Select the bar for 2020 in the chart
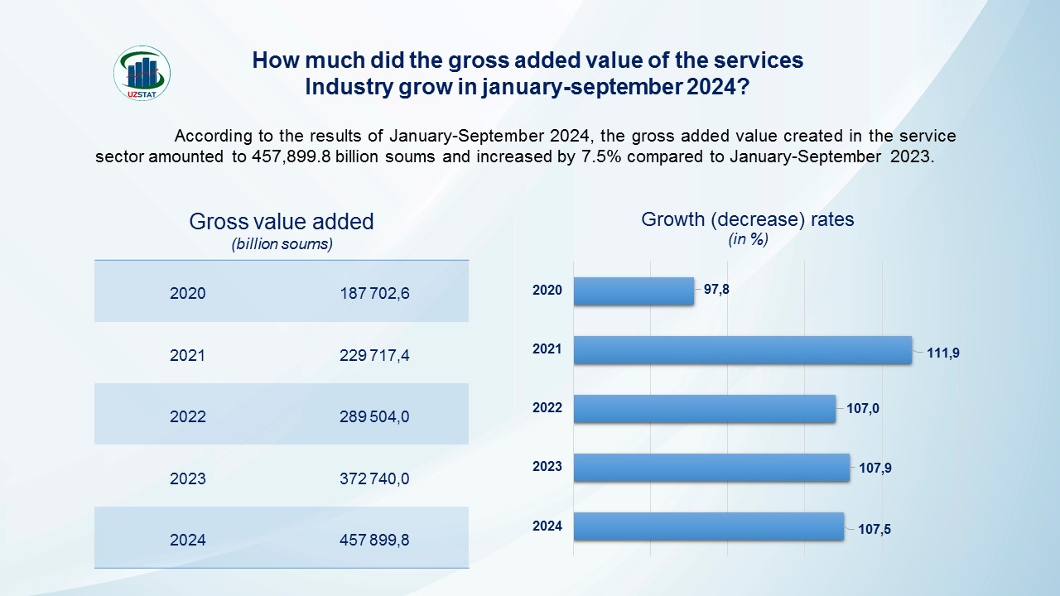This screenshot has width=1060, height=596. (634, 291)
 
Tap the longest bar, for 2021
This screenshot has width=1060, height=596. (742, 349)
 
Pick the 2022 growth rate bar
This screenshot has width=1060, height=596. (704, 408)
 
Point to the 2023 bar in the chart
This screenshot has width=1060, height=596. (711, 467)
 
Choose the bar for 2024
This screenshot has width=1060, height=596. (708, 526)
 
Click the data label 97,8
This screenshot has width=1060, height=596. (716, 290)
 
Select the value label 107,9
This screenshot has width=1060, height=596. (875, 468)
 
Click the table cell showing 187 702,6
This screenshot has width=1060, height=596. (374, 293)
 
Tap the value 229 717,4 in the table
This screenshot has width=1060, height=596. (374, 355)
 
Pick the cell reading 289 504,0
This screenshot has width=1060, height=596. (374, 416)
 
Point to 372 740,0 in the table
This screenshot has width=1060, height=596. (374, 478)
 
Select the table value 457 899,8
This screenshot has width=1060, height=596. (374, 540)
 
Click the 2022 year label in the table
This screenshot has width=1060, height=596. (187, 416)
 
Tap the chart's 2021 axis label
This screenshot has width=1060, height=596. (547, 349)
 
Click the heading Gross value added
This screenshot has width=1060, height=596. (282, 222)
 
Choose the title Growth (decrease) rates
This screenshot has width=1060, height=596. (748, 220)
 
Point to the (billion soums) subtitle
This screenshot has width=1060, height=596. (282, 244)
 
